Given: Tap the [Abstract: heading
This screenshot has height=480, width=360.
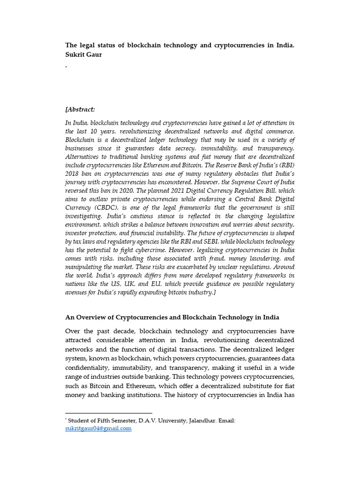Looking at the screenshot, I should pos(80,109).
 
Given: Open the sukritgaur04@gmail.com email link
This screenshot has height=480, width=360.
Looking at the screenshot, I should pos(98,428).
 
